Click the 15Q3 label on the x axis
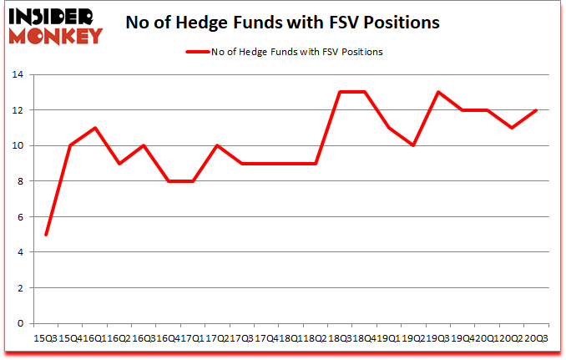pos(45,337)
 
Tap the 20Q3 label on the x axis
pos(536,337)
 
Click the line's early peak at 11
pos(94,128)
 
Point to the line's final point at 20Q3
pos(536,110)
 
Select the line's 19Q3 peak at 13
pos(437,93)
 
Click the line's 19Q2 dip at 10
pos(413,145)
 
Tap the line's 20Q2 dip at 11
pos(512,128)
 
